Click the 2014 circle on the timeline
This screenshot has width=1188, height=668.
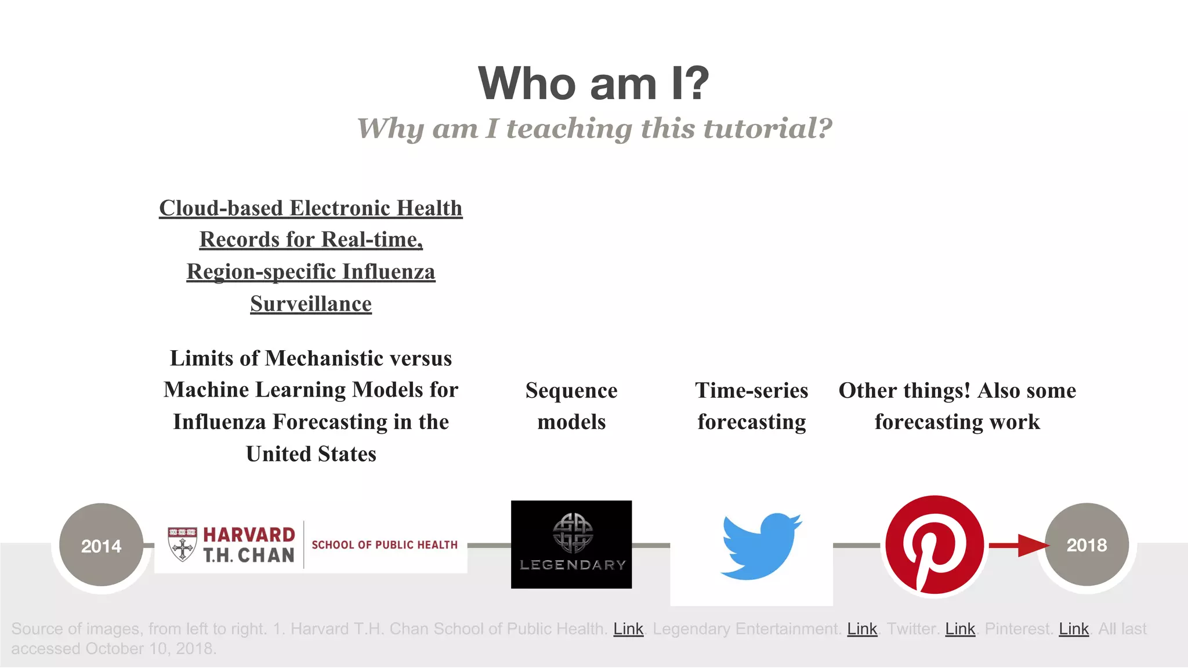[101, 545]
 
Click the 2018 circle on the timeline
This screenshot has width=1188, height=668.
[1086, 544]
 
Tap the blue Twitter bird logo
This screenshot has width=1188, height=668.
[760, 546]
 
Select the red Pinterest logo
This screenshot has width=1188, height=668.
[934, 544]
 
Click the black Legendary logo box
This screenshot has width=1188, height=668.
[571, 544]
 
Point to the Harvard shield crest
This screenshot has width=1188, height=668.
[182, 544]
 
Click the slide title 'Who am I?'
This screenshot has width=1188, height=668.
[593, 83]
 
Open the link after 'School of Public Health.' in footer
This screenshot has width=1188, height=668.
[628, 629]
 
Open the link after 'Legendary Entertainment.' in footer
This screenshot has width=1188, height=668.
[862, 629]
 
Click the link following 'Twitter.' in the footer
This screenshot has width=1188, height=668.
[960, 629]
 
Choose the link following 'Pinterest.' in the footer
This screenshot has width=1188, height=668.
[1074, 629]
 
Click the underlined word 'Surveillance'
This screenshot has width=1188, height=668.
[311, 304]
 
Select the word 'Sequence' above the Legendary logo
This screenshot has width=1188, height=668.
[571, 390]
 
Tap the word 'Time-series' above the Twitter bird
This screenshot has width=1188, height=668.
[751, 390]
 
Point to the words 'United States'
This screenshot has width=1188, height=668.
[311, 454]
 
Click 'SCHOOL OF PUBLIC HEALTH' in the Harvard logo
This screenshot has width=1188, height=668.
[385, 545]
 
